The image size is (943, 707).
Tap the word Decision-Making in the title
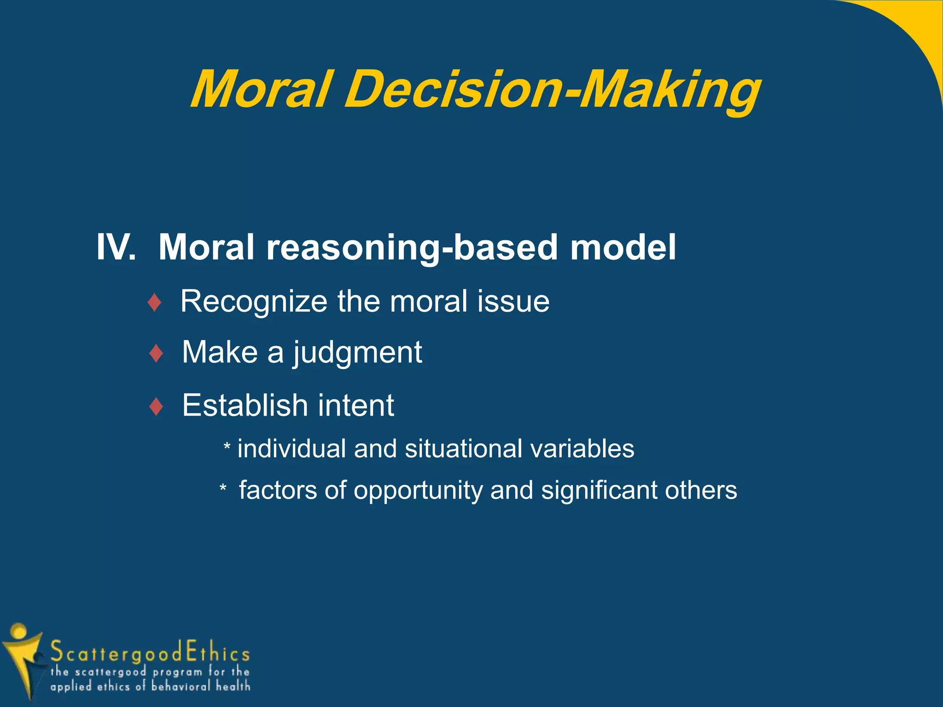pyautogui.click(x=552, y=90)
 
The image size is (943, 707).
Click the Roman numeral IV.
pyautogui.click(x=116, y=248)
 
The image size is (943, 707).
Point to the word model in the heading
pyautogui.click(x=623, y=248)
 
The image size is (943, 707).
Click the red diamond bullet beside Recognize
pyautogui.click(x=155, y=303)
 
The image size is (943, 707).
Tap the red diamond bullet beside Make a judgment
pyautogui.click(x=157, y=353)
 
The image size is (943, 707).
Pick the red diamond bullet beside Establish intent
pyautogui.click(x=157, y=407)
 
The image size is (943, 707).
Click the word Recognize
pyautogui.click(x=254, y=302)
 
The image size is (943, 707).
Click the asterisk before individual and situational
pyautogui.click(x=227, y=446)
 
